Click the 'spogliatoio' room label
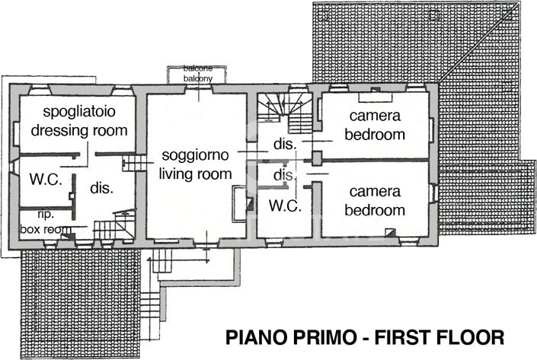(79, 113)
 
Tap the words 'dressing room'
(79, 130)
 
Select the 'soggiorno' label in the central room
(194, 156)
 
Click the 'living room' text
(194, 173)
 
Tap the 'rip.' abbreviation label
(34, 215)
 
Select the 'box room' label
(46, 228)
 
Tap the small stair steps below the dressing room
(134, 163)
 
